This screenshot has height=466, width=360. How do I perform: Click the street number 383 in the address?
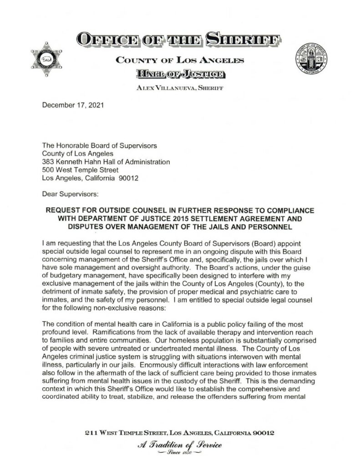[x=48, y=162]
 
